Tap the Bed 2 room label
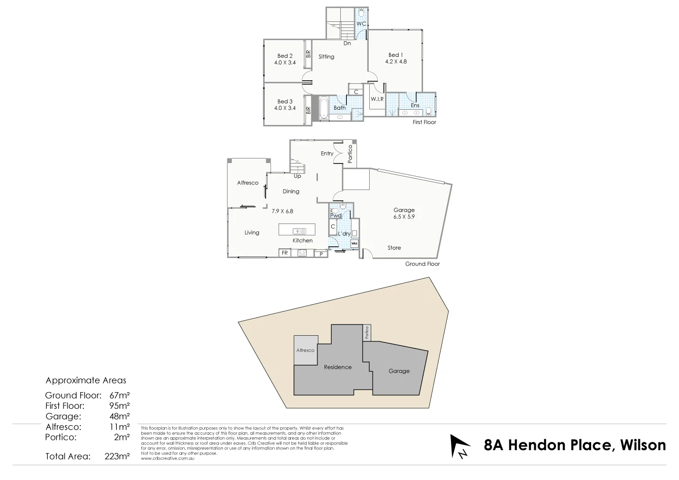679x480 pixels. pos(285,56)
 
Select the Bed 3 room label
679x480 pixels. pos(285,102)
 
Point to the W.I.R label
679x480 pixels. pos(377,99)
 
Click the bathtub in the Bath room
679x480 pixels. pos(324,107)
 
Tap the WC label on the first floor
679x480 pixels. pos(361,24)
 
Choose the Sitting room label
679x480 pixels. pos(327,57)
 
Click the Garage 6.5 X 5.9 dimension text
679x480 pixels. pos(404,216)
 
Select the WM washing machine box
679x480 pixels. pos(354,244)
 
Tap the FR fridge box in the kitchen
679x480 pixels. pos(285,252)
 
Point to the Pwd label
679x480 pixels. pos(336,215)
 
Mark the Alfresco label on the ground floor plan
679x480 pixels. pos(248,183)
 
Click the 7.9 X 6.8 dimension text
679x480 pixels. pos(282,211)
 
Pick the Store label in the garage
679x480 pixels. pos(394,248)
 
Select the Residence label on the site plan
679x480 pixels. pos(338,367)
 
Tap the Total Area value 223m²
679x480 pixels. pos(118,456)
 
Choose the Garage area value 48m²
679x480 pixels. pos(120,416)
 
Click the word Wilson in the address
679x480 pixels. pos(641,445)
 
